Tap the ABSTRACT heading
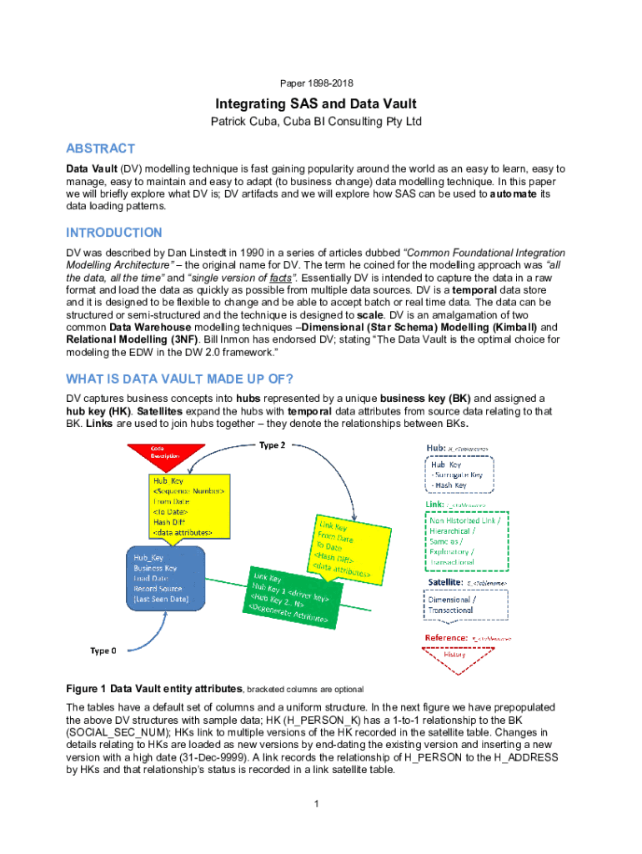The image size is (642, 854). (100, 148)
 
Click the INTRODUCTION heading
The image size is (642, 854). (114, 233)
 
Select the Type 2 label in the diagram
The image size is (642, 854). (273, 445)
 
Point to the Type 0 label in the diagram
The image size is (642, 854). (104, 651)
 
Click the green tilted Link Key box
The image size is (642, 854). (292, 598)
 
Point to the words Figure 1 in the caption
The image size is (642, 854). (86, 689)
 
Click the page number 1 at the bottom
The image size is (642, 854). (317, 803)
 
